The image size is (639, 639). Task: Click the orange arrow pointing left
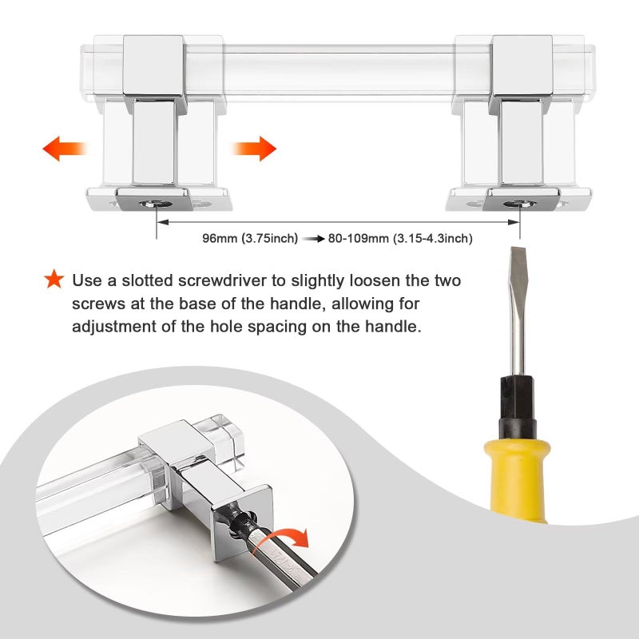click(x=65, y=149)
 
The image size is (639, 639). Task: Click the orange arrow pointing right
click(x=254, y=149)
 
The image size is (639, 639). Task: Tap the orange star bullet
click(x=54, y=279)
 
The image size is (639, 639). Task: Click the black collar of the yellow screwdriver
click(x=518, y=407)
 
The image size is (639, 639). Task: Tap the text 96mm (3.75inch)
click(x=250, y=238)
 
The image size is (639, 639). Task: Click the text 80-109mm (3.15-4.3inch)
click(x=400, y=238)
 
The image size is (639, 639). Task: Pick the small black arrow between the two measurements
click(x=313, y=238)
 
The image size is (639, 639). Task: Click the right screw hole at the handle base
click(x=520, y=204)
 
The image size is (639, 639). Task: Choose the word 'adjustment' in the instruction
click(x=114, y=327)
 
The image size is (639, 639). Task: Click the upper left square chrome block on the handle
click(x=153, y=65)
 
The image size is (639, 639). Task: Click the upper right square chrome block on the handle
click(x=522, y=65)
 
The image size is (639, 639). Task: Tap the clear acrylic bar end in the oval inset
click(x=224, y=437)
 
